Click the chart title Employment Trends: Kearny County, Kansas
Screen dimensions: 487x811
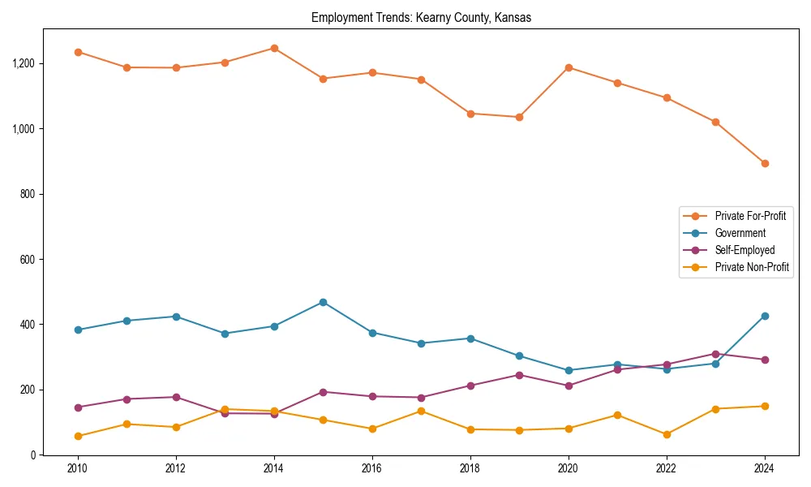[x=421, y=18]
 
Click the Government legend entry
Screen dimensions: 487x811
[x=740, y=233]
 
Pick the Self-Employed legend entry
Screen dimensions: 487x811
[x=744, y=250]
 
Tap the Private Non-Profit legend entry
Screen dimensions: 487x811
[x=752, y=267]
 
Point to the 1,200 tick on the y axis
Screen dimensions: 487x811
[x=23, y=63]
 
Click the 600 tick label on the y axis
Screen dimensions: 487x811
[x=28, y=260]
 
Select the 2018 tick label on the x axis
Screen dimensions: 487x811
[x=470, y=468]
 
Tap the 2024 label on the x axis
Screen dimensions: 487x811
[x=764, y=468]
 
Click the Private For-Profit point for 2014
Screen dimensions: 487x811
[x=274, y=48]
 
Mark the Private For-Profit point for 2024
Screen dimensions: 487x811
[x=764, y=163]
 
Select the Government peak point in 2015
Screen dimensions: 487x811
[x=323, y=302]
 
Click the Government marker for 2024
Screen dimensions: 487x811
[x=764, y=316]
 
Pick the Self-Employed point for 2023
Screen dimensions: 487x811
[x=715, y=354]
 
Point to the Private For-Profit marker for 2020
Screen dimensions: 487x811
[x=569, y=67]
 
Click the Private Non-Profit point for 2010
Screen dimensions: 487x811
[x=78, y=436]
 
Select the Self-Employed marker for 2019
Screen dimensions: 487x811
[x=519, y=375]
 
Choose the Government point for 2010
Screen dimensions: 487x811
[x=78, y=330]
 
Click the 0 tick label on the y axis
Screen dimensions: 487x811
[x=33, y=455]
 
